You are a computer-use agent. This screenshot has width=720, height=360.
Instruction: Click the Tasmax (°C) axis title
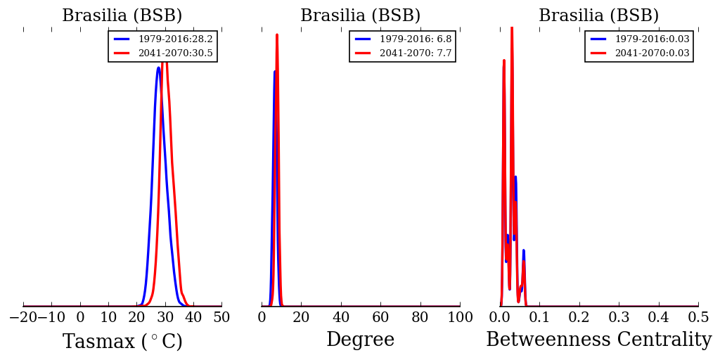click(x=122, y=342)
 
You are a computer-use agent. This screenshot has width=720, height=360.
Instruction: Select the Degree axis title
click(x=360, y=340)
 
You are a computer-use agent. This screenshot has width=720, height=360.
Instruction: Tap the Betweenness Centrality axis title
click(x=598, y=340)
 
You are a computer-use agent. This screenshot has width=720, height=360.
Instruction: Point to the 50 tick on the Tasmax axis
click(x=221, y=318)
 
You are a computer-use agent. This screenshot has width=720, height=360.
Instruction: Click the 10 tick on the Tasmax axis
click(x=108, y=318)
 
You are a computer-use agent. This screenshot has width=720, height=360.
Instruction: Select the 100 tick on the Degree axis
click(x=460, y=318)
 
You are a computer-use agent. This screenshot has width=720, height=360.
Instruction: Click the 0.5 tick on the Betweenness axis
click(x=698, y=318)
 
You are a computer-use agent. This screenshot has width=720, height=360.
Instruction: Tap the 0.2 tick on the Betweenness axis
click(x=579, y=318)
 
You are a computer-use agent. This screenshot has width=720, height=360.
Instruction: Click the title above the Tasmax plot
click(x=122, y=16)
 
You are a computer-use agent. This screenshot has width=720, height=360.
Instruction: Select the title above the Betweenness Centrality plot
click(x=598, y=16)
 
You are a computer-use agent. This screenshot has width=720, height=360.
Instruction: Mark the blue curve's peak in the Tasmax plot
click(x=158, y=67)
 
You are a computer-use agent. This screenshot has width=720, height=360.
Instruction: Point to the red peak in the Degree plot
click(x=277, y=34)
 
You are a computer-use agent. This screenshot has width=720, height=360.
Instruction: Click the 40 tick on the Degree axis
click(x=341, y=318)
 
